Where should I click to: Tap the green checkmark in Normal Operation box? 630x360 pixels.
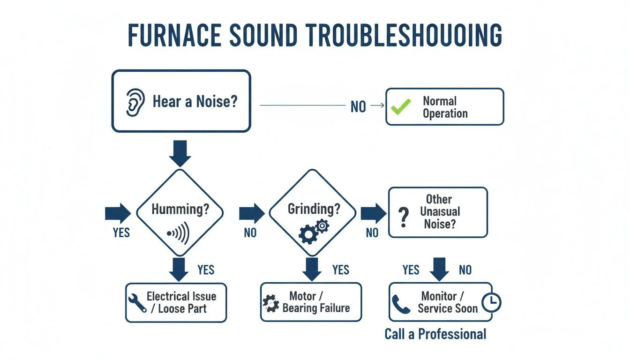click(401, 107)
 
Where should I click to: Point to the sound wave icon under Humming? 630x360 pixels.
click(179, 233)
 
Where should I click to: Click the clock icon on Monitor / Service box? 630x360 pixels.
click(491, 303)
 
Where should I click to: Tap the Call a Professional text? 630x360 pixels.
click(435, 334)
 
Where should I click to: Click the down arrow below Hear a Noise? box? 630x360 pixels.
click(180, 152)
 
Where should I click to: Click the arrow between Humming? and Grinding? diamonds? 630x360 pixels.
click(252, 213)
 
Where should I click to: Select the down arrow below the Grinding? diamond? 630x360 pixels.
click(312, 269)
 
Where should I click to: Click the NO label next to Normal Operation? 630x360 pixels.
click(358, 107)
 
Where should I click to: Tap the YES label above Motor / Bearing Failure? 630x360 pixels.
click(341, 270)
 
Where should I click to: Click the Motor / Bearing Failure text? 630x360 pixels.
click(316, 302)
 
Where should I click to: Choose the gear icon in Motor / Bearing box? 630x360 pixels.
click(270, 303)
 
